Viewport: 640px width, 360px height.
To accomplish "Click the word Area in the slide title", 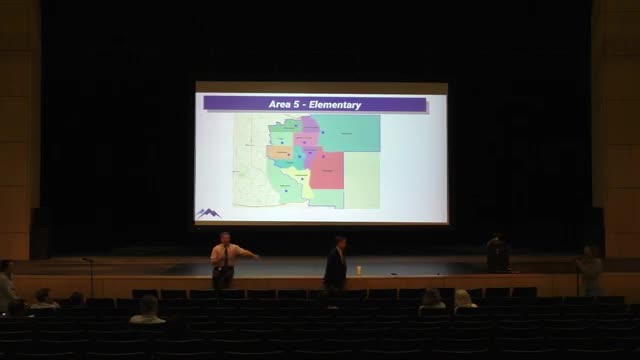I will coord(282,104).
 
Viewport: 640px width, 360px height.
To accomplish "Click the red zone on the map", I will coord(331,171).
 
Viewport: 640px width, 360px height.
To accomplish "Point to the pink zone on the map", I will coord(311,127).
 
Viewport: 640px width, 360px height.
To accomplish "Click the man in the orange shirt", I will coord(224,258).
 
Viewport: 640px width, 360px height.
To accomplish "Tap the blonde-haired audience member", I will coord(463,299).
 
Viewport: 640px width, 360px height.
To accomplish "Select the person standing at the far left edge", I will coord(6,284).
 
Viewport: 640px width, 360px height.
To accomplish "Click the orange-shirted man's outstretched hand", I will coord(256,256).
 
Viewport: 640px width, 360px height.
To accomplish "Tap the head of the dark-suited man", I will coord(340,241).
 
